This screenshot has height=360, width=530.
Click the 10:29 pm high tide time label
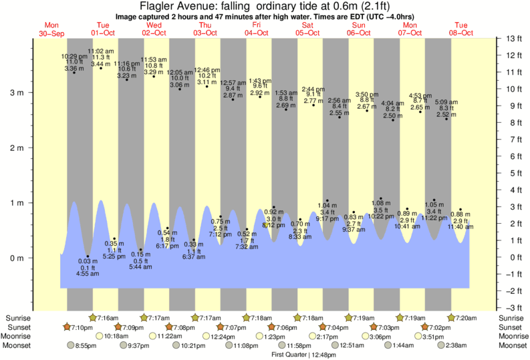pos(74,56)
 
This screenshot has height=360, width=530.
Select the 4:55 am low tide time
pos(87,273)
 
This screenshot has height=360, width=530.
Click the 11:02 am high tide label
pos(100,51)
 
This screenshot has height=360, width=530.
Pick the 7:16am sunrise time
pos(108,318)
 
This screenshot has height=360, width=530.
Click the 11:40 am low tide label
pos(460,227)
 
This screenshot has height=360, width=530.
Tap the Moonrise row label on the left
pos(19,337)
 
